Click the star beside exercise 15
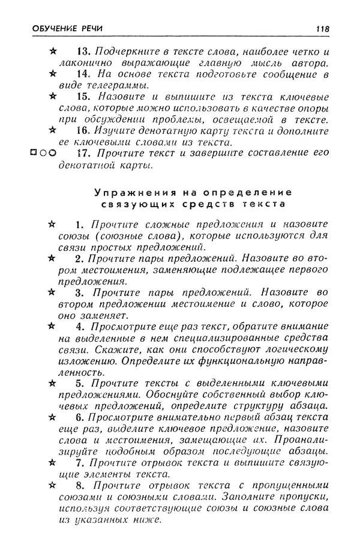[53, 96]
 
